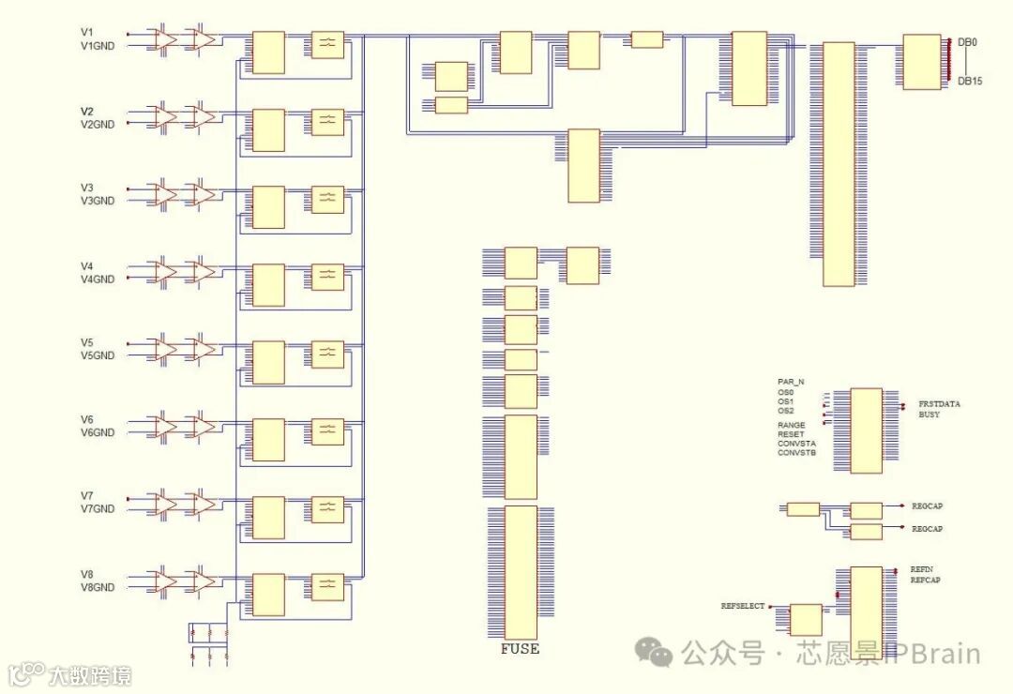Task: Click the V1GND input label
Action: pyautogui.click(x=98, y=46)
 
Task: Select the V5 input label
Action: pyautogui.click(x=87, y=342)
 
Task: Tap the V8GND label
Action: pyautogui.click(x=98, y=587)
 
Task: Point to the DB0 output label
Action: pyautogui.click(x=967, y=43)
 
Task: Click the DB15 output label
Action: pyautogui.click(x=970, y=82)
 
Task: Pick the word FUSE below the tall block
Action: pyautogui.click(x=520, y=649)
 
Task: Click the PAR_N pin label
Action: pyautogui.click(x=791, y=382)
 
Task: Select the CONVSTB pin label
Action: pyautogui.click(x=796, y=453)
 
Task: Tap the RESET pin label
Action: pyautogui.click(x=791, y=434)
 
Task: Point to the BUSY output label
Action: pyautogui.click(x=929, y=415)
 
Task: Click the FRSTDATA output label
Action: pyautogui.click(x=939, y=404)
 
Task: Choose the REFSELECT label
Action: pyautogui.click(x=742, y=607)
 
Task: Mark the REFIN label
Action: pyautogui.click(x=921, y=569)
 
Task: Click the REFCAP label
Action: pyautogui.click(x=925, y=580)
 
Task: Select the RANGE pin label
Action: pyautogui.click(x=791, y=425)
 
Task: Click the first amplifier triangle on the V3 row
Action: pyautogui.click(x=165, y=194)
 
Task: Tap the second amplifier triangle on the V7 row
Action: pyautogui.click(x=203, y=504)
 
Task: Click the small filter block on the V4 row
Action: pyautogui.click(x=327, y=276)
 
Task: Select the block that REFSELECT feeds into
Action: pyautogui.click(x=806, y=620)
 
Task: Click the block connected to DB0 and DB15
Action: pyautogui.click(x=921, y=62)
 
